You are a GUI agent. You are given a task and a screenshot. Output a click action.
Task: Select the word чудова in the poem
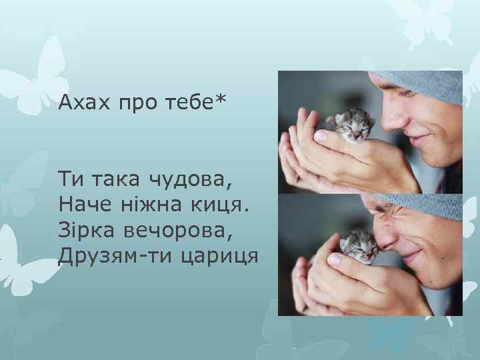pos(190,179)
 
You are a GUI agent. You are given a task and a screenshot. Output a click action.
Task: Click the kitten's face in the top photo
pos(355,126)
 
